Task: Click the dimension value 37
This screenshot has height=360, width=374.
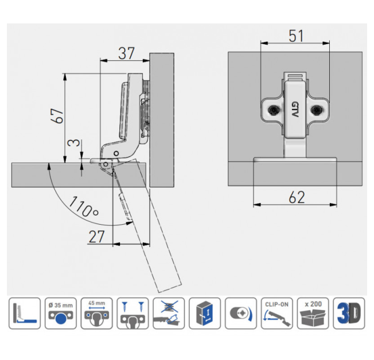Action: (x=126, y=53)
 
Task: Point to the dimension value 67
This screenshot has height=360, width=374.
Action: (x=57, y=116)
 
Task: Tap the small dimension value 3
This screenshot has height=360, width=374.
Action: (x=73, y=143)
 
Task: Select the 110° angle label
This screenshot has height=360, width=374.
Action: (x=84, y=206)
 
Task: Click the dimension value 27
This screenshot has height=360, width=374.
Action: (x=96, y=237)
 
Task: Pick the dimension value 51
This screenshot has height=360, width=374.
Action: (x=296, y=36)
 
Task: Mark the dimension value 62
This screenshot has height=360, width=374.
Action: (x=297, y=197)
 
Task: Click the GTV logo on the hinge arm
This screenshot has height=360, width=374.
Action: (x=295, y=109)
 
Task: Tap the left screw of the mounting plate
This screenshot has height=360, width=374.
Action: (x=274, y=110)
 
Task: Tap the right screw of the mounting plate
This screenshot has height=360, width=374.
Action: (x=317, y=110)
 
